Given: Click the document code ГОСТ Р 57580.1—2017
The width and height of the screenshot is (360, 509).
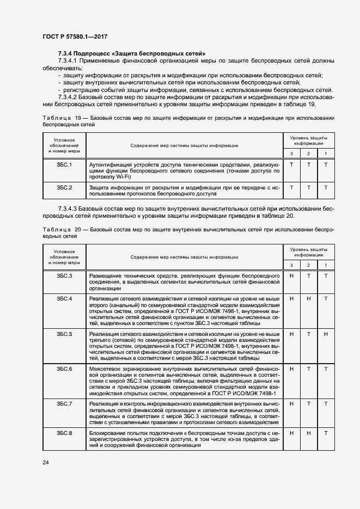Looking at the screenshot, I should click(74, 36).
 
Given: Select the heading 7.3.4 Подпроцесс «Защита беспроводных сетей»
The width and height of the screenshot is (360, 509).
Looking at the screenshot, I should click(131, 54).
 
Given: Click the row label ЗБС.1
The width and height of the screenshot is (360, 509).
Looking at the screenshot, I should click(64, 164).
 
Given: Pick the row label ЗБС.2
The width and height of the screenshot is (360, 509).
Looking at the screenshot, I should click(64, 187).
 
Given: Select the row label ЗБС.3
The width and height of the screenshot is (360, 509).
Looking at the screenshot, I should click(64, 276).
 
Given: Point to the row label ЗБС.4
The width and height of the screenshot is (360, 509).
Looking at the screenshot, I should click(64, 299).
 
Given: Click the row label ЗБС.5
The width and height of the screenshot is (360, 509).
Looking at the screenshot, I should click(64, 333).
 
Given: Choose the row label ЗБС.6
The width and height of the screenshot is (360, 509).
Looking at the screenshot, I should click(64, 369).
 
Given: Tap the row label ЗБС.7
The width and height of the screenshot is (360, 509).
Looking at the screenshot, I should click(64, 403).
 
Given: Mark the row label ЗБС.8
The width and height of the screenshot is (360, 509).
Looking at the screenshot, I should click(64, 433).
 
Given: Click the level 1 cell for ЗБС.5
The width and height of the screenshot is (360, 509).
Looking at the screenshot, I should click(326, 333).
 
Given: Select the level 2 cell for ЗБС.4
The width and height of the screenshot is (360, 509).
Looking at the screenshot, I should click(309, 299).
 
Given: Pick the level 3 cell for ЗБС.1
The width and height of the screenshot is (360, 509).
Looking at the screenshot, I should click(291, 164).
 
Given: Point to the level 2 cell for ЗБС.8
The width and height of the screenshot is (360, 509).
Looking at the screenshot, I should click(309, 433).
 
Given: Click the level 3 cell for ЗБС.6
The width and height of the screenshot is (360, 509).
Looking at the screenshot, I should click(291, 369).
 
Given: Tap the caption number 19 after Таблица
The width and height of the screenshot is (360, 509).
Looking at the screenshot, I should click(75, 118).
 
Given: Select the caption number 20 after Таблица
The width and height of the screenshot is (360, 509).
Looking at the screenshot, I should click(75, 230).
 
